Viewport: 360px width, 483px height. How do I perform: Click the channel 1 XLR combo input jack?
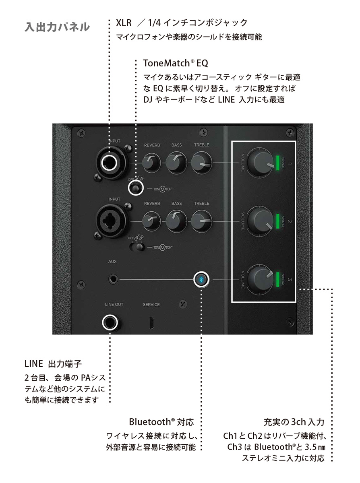point(110,163)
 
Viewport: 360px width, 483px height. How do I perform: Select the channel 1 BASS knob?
point(176,162)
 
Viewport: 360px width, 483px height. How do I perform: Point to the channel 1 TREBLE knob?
point(201,162)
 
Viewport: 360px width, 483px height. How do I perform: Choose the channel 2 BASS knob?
point(176,221)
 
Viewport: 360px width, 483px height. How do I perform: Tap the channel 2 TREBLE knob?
point(201,221)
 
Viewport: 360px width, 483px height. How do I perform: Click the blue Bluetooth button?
point(201,279)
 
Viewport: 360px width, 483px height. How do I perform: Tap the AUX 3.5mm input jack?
point(114,279)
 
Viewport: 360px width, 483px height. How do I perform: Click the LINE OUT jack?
point(110,322)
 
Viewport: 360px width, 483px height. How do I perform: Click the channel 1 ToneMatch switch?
point(136,188)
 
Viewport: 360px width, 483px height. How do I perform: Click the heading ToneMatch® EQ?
point(175,63)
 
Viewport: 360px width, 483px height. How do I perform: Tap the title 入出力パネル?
point(57,27)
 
